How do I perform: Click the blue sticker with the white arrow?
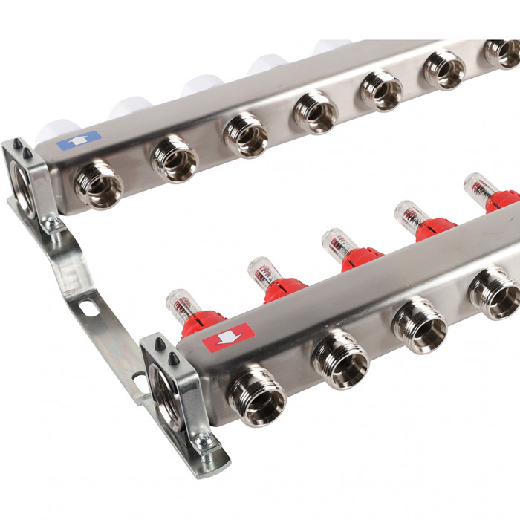[x=78, y=140]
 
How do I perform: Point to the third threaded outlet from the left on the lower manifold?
[x=420, y=324]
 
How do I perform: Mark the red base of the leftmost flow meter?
[x=201, y=322]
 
